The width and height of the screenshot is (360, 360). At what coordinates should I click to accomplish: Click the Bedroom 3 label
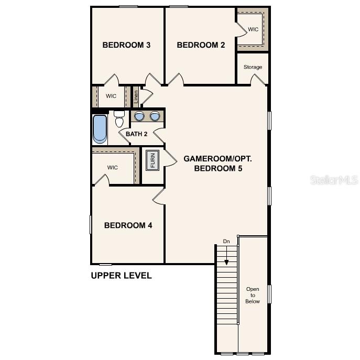126,45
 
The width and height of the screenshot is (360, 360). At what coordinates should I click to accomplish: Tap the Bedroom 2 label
201,45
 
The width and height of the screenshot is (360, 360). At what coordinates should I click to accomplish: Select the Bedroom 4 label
128,225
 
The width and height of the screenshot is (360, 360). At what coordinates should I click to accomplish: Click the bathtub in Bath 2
100,129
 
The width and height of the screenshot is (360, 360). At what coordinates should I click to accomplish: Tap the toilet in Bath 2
119,120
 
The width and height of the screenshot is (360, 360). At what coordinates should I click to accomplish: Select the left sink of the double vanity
139,116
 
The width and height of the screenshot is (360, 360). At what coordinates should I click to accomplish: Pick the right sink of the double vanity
155,116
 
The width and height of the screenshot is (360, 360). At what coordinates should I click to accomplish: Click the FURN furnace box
152,160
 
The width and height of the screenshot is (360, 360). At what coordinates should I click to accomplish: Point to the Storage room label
253,67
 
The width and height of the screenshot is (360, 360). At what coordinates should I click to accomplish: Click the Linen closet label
136,96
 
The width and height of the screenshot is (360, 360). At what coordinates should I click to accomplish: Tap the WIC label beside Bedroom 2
253,29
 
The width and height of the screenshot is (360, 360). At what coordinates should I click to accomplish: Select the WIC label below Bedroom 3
111,96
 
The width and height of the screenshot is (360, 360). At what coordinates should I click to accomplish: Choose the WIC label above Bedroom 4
113,168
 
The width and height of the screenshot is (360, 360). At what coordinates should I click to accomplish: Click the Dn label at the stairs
226,241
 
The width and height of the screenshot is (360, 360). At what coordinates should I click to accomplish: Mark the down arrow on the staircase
226,257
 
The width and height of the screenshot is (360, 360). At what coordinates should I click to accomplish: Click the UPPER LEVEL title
121,276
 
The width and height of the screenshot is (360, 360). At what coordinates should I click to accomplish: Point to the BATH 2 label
136,134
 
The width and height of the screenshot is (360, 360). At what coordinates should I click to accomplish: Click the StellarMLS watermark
334,180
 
